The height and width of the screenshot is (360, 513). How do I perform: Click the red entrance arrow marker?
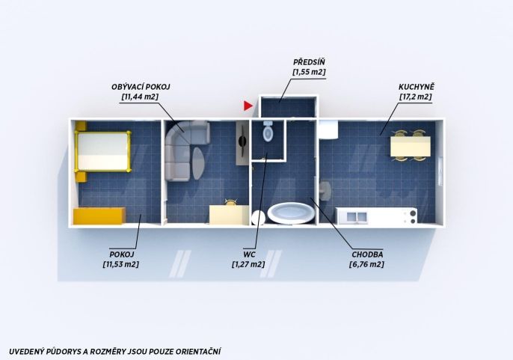[x=248, y=106]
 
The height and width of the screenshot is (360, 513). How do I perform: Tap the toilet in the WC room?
[x=268, y=131]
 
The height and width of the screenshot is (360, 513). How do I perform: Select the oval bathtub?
[x=291, y=213]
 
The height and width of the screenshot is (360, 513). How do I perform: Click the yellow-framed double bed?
[x=102, y=151]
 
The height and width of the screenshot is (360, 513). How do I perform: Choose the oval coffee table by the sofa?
[x=198, y=163]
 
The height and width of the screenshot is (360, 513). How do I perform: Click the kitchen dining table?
[x=411, y=147]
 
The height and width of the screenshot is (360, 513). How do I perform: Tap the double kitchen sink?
[x=357, y=216]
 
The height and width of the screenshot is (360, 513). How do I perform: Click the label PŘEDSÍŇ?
[x=309, y=62]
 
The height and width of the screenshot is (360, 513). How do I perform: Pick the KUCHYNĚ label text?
[x=416, y=87]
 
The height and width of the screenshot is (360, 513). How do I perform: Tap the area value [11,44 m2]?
[x=140, y=97]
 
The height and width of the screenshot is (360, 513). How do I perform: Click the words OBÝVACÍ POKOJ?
[x=141, y=87]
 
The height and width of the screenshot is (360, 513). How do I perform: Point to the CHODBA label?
[x=367, y=254]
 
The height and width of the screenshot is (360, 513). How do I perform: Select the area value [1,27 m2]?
[x=248, y=264]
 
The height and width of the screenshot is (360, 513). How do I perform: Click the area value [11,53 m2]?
[x=121, y=264]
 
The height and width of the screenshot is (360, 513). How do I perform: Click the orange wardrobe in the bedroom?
[x=99, y=216]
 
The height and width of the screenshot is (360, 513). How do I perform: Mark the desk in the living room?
[x=229, y=215]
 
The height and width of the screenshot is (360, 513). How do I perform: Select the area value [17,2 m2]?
[x=416, y=97]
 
